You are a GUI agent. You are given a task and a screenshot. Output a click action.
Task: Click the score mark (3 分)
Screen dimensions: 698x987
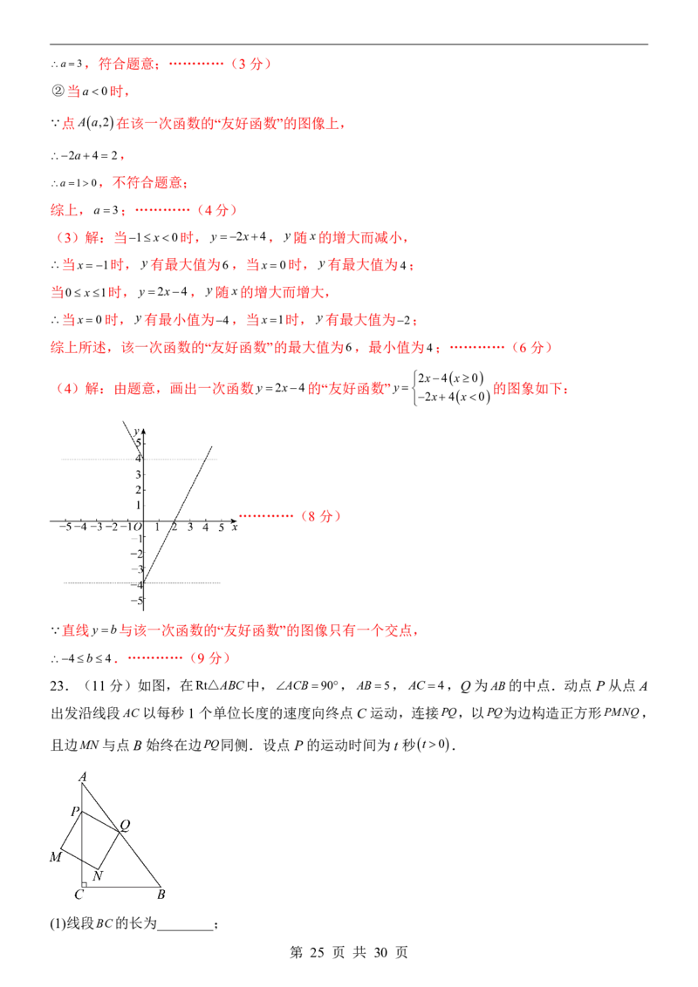point(250,64)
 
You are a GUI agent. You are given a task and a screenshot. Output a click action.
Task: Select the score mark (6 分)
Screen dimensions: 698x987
point(531,347)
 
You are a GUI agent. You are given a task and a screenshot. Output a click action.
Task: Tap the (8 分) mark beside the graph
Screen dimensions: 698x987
point(321,516)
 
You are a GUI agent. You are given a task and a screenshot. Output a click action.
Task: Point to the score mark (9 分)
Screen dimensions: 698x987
point(209,657)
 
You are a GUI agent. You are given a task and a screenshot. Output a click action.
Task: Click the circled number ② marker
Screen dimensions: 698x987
point(58,92)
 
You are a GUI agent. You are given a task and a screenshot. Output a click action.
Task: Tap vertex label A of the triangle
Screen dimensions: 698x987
point(83,778)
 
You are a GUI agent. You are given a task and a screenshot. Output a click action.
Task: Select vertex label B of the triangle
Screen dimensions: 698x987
point(161,895)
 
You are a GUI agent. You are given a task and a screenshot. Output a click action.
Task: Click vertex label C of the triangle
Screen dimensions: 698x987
point(79,895)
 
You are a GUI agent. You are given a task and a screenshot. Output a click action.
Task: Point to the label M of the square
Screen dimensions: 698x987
point(56,857)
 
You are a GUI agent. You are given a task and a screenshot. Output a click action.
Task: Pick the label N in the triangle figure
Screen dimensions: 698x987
point(98,875)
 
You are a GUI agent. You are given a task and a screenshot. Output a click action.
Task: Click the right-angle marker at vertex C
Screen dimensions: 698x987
point(84,884)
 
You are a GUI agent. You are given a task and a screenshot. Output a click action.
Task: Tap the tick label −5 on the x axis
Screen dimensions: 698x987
point(65,527)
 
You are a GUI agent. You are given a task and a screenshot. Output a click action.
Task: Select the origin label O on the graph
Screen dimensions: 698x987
point(138,527)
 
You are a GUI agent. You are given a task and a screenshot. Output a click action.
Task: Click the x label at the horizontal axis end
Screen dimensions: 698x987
point(235,527)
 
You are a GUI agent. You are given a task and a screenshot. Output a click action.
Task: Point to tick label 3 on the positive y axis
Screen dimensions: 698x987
point(138,474)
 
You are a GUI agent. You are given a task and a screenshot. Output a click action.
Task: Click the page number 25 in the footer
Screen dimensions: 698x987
point(316,952)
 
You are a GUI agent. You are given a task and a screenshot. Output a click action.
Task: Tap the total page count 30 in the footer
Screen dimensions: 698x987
point(380,952)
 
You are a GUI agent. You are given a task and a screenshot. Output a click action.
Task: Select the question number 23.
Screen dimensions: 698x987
point(58,685)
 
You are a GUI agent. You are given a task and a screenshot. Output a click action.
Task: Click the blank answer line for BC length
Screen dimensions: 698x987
point(185,929)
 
